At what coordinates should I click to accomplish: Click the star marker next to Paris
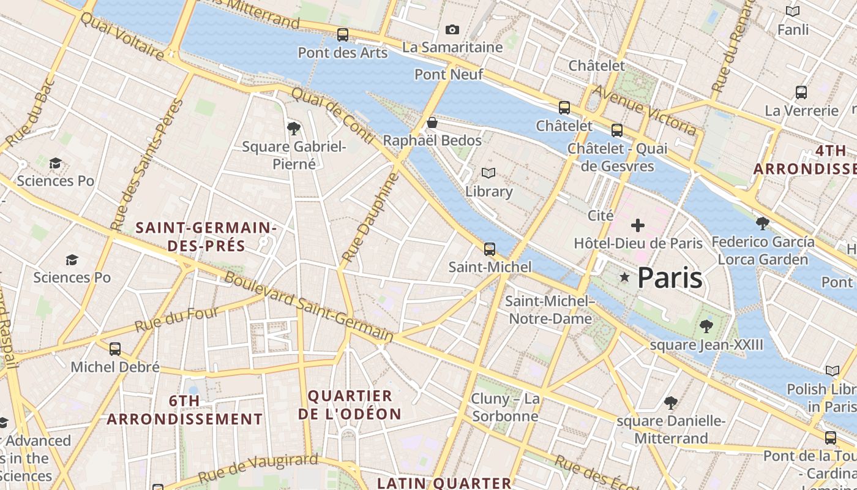pos(624,278)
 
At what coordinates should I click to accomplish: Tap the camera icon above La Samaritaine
pos(452,29)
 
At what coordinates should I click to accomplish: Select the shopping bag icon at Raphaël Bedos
pos(432,123)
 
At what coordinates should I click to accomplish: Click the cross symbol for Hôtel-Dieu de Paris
pos(638,225)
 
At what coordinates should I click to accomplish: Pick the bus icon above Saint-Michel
pos(490,249)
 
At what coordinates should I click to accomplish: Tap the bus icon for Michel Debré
pos(114,349)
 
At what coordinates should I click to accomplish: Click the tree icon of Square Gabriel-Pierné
pos(294,128)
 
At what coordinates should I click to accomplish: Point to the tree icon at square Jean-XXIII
pos(706,326)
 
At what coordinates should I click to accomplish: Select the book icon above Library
pos(488,173)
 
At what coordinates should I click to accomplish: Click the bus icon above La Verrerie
pos(801,93)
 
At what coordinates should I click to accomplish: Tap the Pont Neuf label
pos(449,75)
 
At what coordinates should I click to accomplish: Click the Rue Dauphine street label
pos(371,218)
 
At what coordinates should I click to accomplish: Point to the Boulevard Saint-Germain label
pos(309,306)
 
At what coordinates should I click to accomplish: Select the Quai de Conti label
pos(332,115)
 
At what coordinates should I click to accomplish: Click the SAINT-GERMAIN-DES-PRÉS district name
pos(206,237)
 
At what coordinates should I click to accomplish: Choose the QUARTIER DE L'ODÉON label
pos(350,404)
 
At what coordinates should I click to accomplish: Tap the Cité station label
pos(601,216)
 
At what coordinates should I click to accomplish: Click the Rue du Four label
pos(176,320)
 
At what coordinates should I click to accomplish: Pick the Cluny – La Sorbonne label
pos(505,407)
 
